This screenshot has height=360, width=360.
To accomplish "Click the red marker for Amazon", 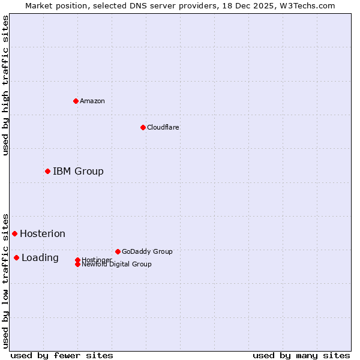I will [76, 101].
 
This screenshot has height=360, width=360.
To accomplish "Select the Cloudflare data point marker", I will [143, 127].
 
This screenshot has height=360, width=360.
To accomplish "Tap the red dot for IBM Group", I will [47, 171].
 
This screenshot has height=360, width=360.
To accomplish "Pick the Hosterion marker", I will [14, 233].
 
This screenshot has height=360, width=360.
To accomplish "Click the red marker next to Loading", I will [16, 257].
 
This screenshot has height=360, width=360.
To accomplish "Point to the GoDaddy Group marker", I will [118, 251].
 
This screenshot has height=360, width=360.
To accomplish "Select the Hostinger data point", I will [77, 260].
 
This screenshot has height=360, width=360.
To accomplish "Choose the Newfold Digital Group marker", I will [78, 265].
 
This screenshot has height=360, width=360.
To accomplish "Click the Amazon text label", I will [92, 101].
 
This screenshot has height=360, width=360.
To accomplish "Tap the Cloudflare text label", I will [163, 127].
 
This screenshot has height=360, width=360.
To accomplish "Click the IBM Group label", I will [78, 172].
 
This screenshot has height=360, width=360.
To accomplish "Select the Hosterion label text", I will [43, 234].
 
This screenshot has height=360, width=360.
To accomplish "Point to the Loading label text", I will [40, 258].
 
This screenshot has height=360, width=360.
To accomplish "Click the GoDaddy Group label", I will [147, 251].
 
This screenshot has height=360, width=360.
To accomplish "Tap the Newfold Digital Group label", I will [117, 265].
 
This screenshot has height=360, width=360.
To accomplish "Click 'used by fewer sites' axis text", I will [62, 355].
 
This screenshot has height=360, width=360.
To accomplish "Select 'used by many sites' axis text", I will [301, 355].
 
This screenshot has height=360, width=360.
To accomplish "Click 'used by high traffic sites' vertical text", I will [5, 85].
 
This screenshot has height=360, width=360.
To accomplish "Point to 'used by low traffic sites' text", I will [5, 280].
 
